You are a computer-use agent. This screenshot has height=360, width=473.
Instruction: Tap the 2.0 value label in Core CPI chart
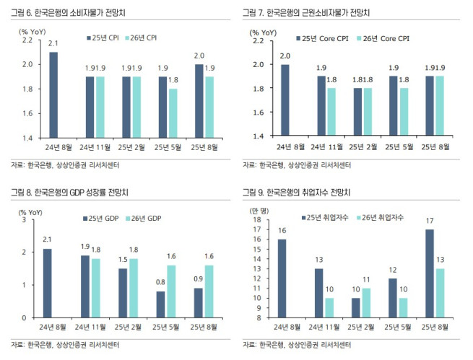point(285,56)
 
